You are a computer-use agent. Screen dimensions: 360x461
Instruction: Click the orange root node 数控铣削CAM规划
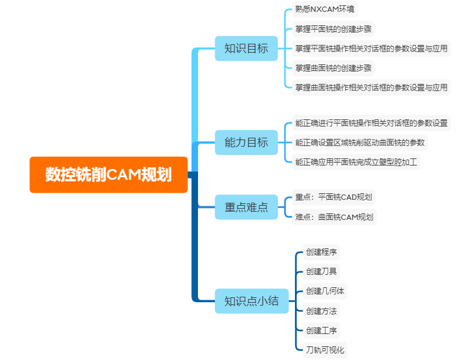(109, 175)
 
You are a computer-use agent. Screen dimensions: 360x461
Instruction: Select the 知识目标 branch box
(246, 48)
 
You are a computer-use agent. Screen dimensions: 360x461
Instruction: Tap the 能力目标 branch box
(246, 142)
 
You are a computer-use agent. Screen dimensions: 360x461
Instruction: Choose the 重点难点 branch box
(246, 207)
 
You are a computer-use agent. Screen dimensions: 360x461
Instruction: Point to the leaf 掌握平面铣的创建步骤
(333, 29)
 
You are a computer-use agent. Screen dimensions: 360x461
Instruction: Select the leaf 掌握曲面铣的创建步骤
(333, 68)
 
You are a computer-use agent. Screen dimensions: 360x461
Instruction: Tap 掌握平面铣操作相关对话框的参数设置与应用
(371, 48)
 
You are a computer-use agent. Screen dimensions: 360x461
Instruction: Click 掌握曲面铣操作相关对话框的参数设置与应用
(371, 87)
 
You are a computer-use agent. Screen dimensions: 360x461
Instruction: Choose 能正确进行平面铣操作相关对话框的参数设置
(371, 124)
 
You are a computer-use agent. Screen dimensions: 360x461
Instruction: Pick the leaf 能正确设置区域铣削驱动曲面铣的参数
(360, 142)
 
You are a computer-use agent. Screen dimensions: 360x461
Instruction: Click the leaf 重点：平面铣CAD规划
(333, 197)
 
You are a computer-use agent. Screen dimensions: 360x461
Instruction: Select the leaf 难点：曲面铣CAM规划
(334, 217)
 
